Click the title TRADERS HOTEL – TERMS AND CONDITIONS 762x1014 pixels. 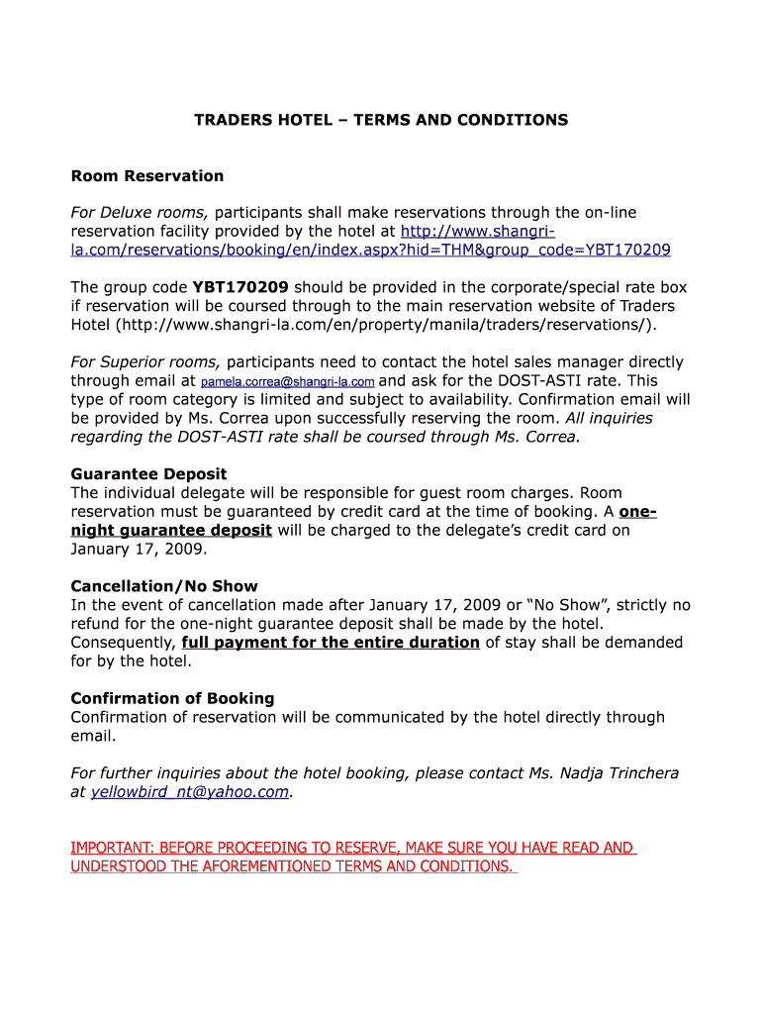point(381,120)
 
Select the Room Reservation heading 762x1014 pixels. point(147,176)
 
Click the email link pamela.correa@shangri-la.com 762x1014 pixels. point(288,381)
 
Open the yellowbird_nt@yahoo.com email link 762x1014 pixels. point(190,792)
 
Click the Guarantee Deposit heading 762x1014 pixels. point(148,474)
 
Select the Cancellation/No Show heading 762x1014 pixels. point(164,586)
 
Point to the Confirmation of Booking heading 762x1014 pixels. point(172,699)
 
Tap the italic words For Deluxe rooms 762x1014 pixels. point(140,213)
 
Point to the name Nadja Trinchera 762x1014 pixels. point(622,773)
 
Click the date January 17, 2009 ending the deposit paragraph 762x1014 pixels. point(138,549)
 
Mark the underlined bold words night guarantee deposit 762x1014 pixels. point(171,530)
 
